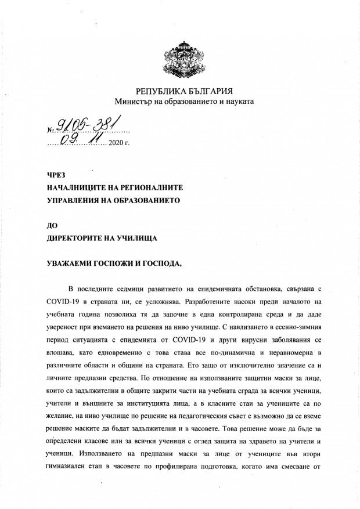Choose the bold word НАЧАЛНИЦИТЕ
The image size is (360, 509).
coord(79,188)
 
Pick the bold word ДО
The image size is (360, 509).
coord(52,225)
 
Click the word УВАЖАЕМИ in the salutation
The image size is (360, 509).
coord(70,263)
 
